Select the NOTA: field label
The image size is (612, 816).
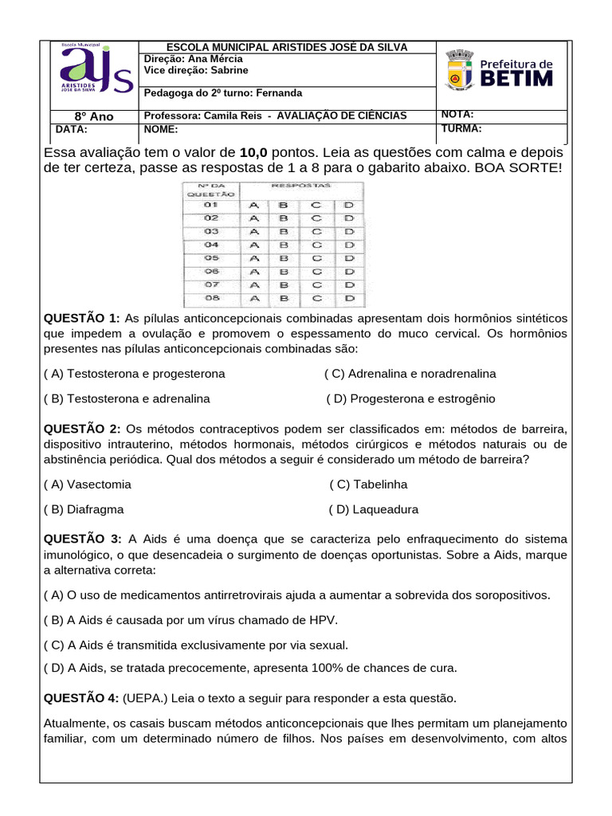[x=457, y=115]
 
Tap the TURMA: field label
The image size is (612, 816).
[x=462, y=127]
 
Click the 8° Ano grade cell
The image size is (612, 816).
[x=93, y=116]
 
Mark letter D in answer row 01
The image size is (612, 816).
[x=348, y=204]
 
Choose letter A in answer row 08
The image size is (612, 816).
[x=254, y=299]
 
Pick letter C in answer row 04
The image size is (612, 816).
[x=316, y=245]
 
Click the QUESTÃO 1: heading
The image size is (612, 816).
[x=82, y=318]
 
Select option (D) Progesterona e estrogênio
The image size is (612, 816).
[x=410, y=398]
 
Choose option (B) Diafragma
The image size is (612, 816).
[x=84, y=509]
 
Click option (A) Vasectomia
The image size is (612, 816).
[x=88, y=484]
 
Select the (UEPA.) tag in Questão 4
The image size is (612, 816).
[x=146, y=698]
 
